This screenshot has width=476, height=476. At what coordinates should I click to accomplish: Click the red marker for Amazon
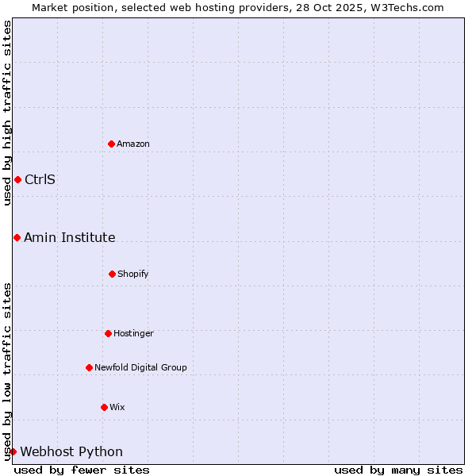click(x=112, y=144)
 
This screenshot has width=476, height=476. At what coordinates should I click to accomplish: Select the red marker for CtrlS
click(x=17, y=179)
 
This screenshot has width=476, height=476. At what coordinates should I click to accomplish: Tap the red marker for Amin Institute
click(x=17, y=237)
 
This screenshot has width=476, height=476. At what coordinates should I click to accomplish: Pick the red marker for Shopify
click(x=112, y=274)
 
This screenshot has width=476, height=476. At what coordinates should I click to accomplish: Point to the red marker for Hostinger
click(x=108, y=333)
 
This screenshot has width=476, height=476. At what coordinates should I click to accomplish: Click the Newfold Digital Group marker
click(x=89, y=367)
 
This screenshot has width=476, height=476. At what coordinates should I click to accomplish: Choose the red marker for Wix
click(x=104, y=407)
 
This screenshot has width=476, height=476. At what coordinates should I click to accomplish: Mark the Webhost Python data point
click(x=13, y=451)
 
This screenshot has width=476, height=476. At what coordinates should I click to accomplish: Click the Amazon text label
click(x=133, y=144)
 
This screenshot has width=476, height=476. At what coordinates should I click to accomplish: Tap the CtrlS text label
click(x=40, y=179)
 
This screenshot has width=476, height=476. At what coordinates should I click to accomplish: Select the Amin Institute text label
click(x=70, y=237)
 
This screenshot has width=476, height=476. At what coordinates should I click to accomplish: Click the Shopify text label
click(x=133, y=274)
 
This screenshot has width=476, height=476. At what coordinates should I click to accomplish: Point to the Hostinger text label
click(x=133, y=333)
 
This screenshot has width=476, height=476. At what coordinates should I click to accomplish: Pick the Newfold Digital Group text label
click(x=140, y=367)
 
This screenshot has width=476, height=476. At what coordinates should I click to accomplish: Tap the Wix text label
click(x=117, y=407)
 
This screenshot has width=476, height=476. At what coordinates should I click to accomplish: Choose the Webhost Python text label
click(x=71, y=451)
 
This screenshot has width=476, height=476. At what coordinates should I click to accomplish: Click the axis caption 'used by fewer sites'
click(x=82, y=470)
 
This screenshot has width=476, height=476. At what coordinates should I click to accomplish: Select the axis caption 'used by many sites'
click(x=398, y=470)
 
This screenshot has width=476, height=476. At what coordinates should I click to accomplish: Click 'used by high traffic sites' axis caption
click(x=7, y=113)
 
